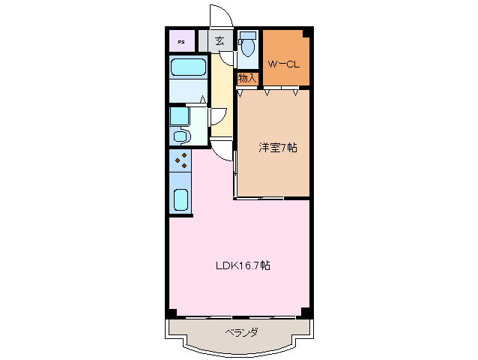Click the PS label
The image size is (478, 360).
tap(181, 41)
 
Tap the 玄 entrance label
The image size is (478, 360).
tap(220, 41)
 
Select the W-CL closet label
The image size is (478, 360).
tap(284, 63)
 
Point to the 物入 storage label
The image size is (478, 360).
tap(247, 78)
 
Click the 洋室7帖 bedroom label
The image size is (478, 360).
tap(278, 148)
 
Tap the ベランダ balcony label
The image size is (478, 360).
tap(241, 332)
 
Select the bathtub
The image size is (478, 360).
tap(188, 67)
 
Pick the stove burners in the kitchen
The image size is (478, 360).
tap(181, 160)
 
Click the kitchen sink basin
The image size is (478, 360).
tap(181, 199)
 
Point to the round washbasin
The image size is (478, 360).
tap(180, 136)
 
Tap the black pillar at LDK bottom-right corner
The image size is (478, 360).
tap(305, 312)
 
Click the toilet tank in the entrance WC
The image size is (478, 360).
tap(249, 35)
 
